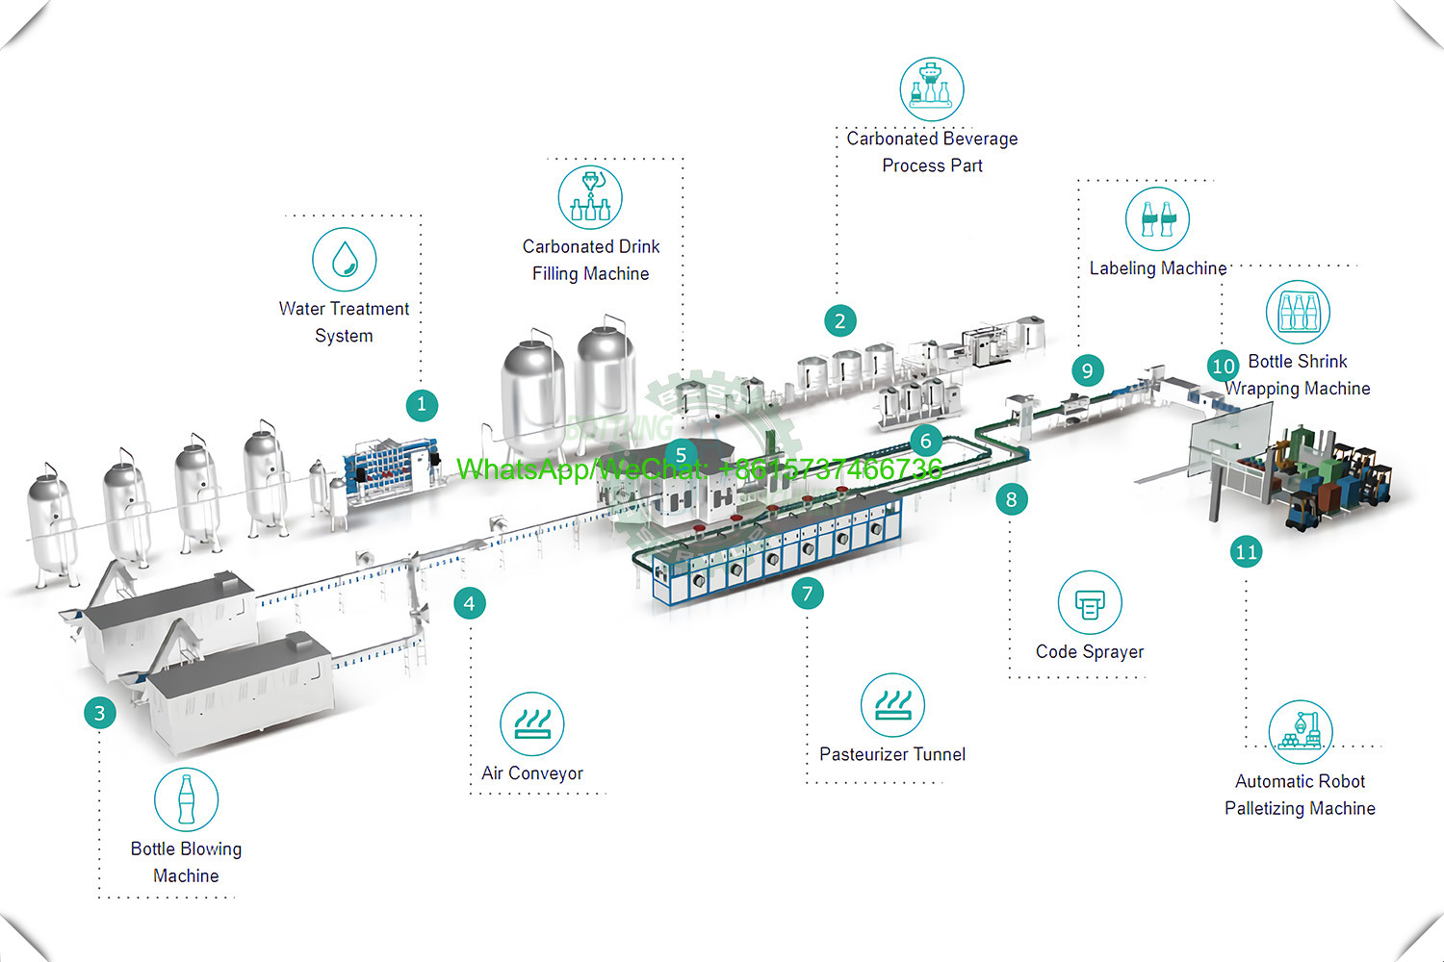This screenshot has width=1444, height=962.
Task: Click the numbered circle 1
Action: pos(422,405)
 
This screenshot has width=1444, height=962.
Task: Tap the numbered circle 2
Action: pos(840,320)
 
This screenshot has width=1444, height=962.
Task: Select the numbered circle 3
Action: pos(99,713)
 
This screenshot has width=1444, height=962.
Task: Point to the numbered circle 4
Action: pos(469,603)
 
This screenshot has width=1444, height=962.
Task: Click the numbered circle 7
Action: pos(808,594)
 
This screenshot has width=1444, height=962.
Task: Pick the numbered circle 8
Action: pos(1011,499)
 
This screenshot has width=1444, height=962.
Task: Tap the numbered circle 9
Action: pos(1087,370)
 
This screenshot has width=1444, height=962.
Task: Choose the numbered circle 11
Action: pos(1246,551)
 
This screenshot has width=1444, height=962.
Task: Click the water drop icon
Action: pos(345,259)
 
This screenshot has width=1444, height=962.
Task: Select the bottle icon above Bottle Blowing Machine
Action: pos(186,799)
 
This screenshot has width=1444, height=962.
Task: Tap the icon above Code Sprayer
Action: pos(1090,603)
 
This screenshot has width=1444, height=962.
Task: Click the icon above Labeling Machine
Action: pos(1157,218)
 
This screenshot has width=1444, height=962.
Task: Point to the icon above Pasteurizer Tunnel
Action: pos(892,704)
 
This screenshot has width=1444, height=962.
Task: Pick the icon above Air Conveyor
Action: pos(532,723)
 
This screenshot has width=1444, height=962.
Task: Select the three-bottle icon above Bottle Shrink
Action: pos(1298,312)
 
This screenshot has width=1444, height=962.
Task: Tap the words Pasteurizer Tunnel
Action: pos(892,754)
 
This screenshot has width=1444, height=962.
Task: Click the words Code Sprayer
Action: pos(1090,651)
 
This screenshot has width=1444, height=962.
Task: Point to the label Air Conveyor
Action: pos(532,773)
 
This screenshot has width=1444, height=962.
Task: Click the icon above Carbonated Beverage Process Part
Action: pos(932,89)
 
